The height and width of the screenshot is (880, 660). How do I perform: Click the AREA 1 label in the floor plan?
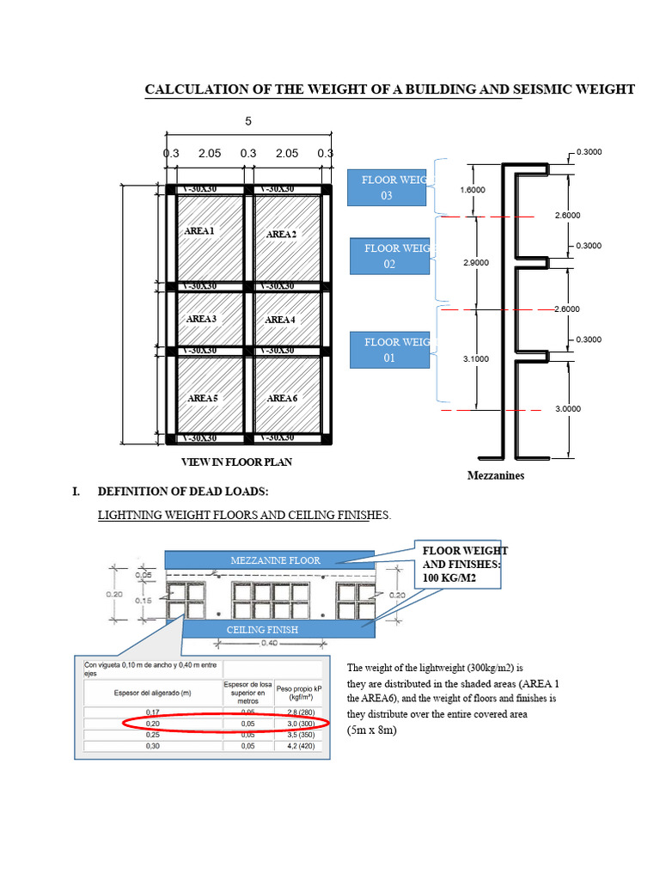click(199, 231)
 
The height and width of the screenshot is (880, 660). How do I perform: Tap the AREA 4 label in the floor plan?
click(280, 320)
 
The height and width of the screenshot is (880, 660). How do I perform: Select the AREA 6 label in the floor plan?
click(282, 398)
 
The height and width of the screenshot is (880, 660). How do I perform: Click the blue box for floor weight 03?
click(387, 187)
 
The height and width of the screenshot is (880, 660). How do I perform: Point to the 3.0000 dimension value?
click(568, 409)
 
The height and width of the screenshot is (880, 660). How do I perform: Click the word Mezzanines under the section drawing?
click(496, 475)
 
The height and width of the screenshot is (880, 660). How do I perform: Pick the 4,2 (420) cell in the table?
click(296, 747)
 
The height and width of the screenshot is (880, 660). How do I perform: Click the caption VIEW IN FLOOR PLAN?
click(236, 461)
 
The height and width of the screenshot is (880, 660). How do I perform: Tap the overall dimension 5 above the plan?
click(248, 121)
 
